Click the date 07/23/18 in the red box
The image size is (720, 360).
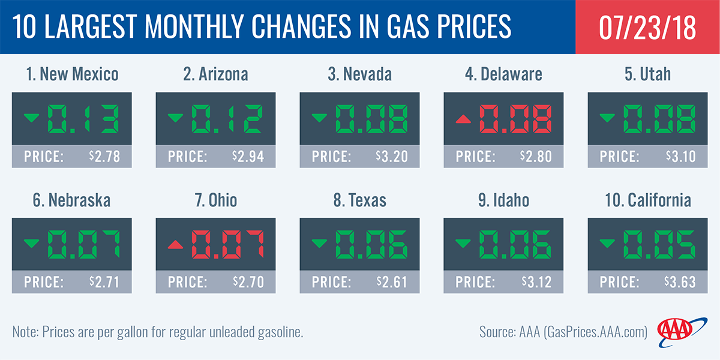point(647,27)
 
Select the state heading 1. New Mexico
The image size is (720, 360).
point(71,74)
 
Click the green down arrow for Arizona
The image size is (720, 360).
point(175,118)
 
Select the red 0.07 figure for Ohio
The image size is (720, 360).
point(227,243)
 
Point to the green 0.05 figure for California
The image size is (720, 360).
point(659,243)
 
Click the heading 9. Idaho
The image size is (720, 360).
point(503,200)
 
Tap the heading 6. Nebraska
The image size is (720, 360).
point(71,200)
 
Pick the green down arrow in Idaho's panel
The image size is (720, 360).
point(463,243)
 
